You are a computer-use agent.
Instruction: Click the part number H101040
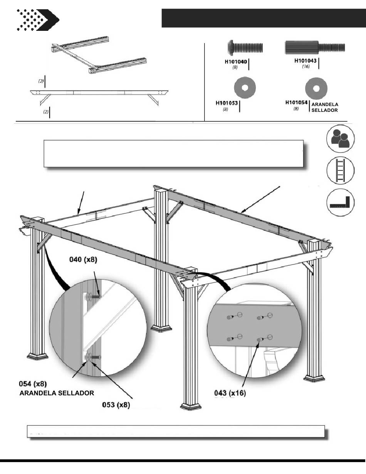[236, 61]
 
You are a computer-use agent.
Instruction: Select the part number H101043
[306, 61]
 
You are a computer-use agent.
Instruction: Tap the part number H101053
[227, 103]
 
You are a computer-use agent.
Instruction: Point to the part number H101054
[296, 103]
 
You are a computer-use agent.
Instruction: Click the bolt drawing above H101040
[244, 48]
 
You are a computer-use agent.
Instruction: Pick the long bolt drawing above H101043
[315, 48]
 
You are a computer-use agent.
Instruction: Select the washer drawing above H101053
[245, 88]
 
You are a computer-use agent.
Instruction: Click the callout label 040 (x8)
[83, 260]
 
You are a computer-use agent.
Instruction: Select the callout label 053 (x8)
[116, 405]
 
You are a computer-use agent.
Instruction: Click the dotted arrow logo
[37, 20]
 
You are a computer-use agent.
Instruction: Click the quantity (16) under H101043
[306, 67]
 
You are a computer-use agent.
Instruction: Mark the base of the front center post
[191, 406]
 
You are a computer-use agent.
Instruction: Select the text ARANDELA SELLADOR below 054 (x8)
[57, 393]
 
